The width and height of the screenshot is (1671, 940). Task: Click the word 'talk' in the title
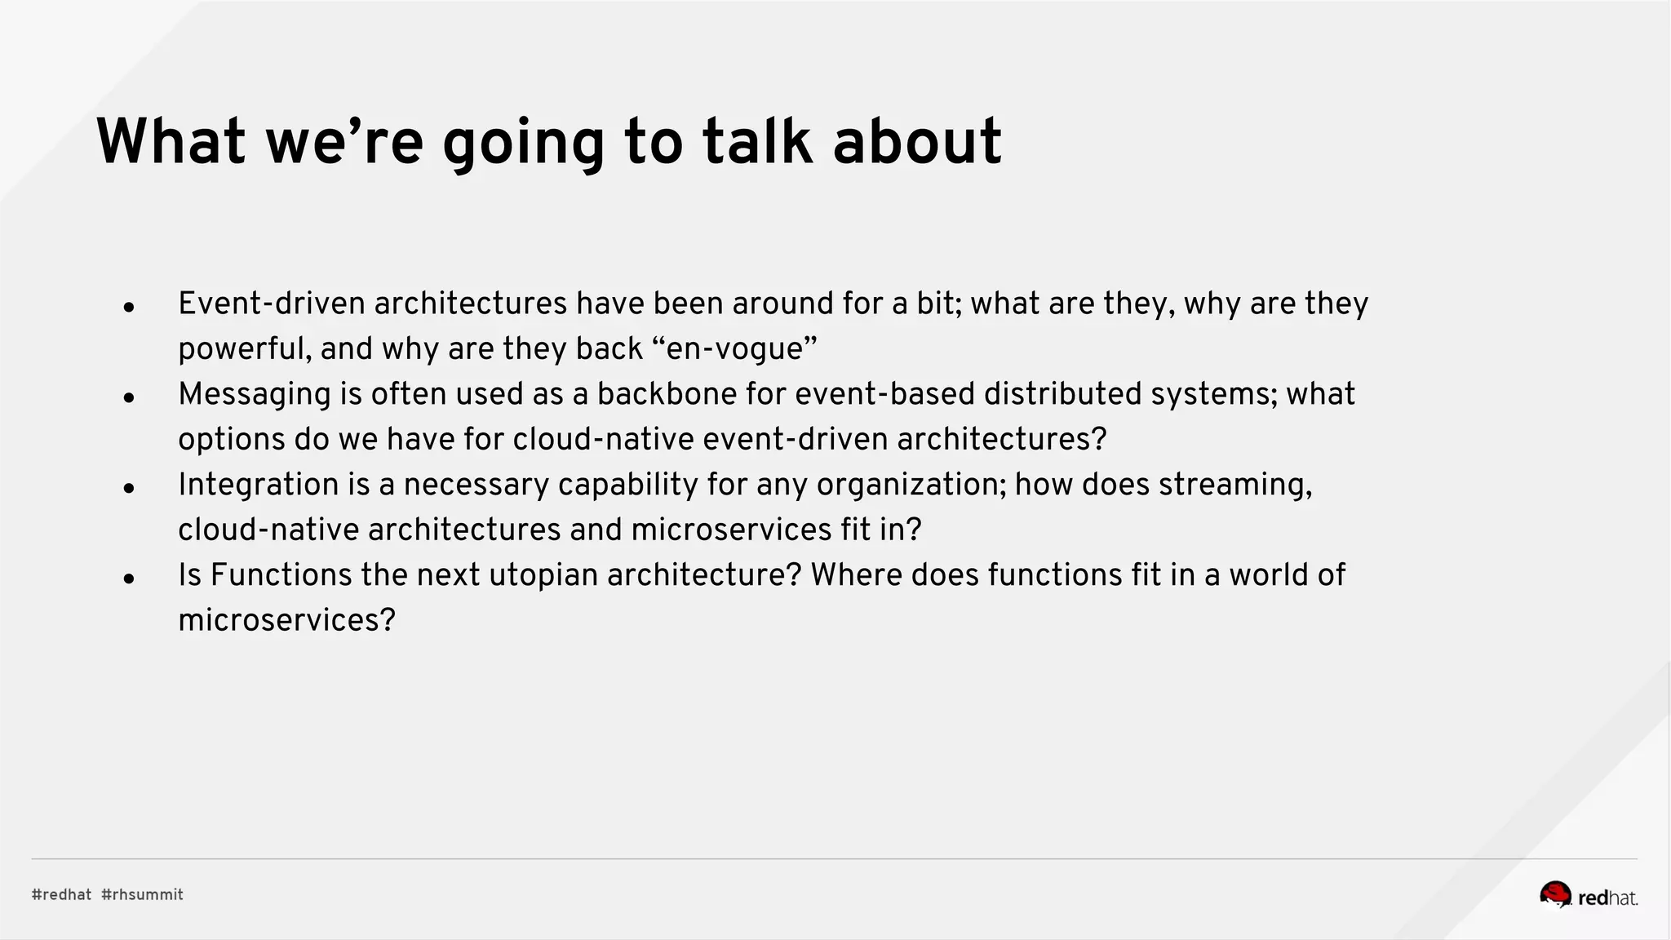point(757,142)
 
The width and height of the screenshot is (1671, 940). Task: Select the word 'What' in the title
point(171,142)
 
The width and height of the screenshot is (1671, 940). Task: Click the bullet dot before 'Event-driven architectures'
point(129,308)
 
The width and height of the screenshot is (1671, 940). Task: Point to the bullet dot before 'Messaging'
point(129,398)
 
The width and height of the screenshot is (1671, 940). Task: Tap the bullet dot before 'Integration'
point(129,489)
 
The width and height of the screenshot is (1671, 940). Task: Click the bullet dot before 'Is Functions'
point(129,579)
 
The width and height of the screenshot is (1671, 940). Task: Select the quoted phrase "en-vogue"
point(735,349)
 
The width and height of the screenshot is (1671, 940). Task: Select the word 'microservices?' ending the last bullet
point(286,620)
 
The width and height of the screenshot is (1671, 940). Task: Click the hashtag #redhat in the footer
point(62,894)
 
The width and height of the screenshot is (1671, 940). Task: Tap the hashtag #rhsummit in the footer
point(143,894)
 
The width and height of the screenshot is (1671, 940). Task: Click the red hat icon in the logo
point(1555,894)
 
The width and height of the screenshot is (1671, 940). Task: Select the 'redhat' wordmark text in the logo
point(1607,898)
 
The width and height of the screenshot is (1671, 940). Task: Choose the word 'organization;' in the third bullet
point(911,485)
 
